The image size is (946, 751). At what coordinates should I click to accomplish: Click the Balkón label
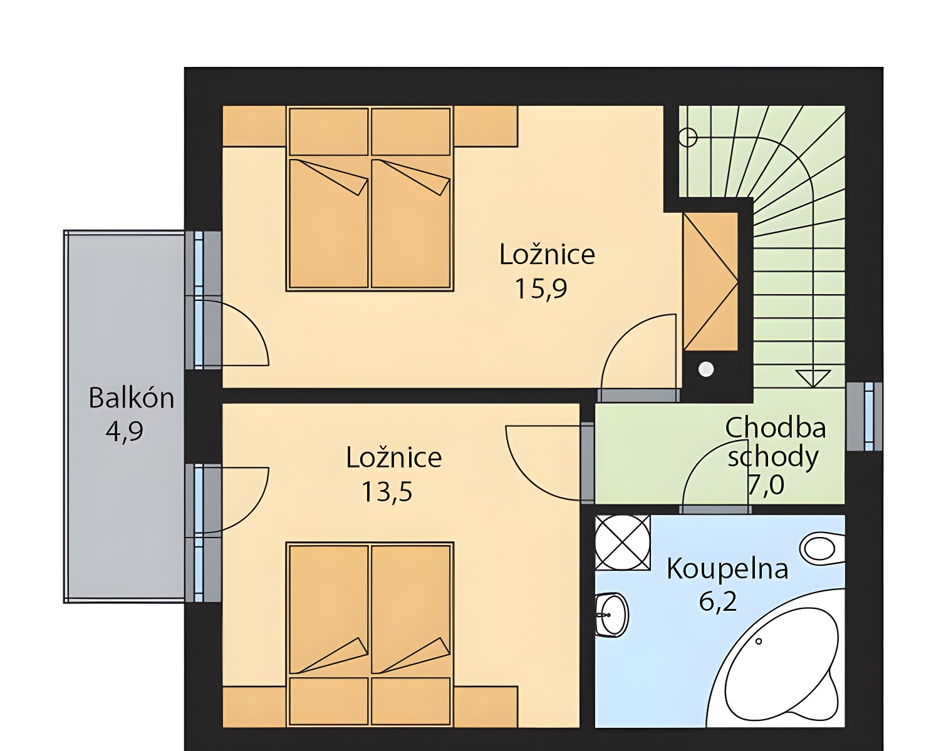point(132,398)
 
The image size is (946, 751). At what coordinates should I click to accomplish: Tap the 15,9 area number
point(541,289)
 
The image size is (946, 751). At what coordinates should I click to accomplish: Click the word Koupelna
point(727,569)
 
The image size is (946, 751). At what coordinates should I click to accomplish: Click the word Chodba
point(776,428)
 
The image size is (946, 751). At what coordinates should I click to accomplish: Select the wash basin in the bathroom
point(611,615)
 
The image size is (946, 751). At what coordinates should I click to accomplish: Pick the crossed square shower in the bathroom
point(623,543)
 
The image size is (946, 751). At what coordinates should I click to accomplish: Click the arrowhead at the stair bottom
point(813,379)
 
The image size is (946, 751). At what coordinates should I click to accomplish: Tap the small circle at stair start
point(688,138)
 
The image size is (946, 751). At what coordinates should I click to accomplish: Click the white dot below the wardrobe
point(706,369)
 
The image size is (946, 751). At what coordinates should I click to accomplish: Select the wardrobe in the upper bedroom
point(710,282)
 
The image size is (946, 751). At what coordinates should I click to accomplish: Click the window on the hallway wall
point(865,416)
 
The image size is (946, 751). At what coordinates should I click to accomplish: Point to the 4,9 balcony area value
point(125,431)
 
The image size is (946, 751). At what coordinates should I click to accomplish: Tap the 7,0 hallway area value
point(766,485)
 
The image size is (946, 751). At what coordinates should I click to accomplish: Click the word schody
point(773,457)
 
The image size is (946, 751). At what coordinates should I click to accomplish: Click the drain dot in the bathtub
point(758,641)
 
